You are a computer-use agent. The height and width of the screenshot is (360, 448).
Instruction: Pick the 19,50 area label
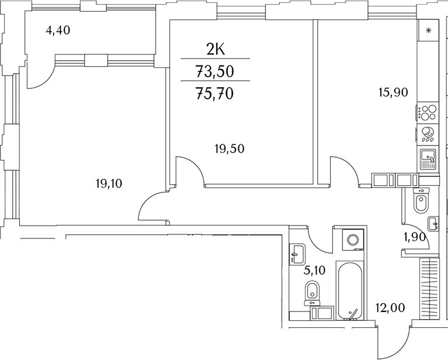(228, 148)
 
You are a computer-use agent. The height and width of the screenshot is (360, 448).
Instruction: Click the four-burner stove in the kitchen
(428, 111)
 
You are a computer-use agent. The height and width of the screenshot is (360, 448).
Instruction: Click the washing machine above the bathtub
(353, 240)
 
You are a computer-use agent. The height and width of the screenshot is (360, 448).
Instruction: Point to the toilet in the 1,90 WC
(421, 202)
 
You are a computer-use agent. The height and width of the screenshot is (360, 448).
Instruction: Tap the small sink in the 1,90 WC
(433, 223)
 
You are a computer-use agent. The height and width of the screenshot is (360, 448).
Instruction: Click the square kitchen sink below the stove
(427, 157)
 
